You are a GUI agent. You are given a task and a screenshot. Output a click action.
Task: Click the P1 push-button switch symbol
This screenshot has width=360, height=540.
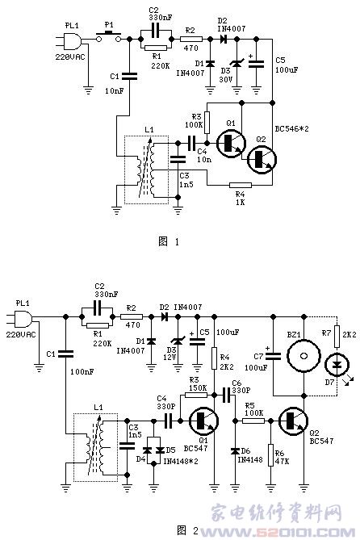(108, 37)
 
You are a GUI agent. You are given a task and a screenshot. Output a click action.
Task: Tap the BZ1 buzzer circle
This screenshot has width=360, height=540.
(303, 356)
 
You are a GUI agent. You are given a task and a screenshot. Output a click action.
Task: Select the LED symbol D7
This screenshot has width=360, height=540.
(337, 365)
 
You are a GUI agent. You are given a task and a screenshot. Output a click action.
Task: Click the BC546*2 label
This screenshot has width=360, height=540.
(291, 129)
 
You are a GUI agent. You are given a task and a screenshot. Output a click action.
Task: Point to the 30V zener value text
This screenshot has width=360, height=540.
(226, 79)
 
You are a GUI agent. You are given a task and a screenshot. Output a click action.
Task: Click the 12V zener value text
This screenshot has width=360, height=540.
(170, 357)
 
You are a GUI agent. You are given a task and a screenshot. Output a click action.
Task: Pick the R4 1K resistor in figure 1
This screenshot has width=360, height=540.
(241, 185)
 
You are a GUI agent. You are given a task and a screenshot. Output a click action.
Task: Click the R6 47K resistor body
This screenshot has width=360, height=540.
(270, 455)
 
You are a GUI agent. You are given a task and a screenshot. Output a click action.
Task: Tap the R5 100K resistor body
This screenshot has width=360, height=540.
(253, 421)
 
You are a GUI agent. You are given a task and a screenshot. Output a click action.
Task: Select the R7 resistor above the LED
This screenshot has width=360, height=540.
(337, 336)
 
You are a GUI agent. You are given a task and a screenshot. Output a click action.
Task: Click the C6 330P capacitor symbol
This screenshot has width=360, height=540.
(227, 395)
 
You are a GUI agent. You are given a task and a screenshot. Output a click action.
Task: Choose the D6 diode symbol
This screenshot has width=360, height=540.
(236, 450)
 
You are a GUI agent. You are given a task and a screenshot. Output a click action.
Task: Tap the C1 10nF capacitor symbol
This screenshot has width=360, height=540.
(129, 76)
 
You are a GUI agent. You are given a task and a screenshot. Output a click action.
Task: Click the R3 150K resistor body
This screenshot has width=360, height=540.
(196, 395)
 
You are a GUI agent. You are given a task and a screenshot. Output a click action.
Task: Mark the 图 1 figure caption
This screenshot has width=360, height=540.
(169, 241)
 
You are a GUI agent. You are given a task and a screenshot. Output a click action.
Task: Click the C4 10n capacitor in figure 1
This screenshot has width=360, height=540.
(191, 143)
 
